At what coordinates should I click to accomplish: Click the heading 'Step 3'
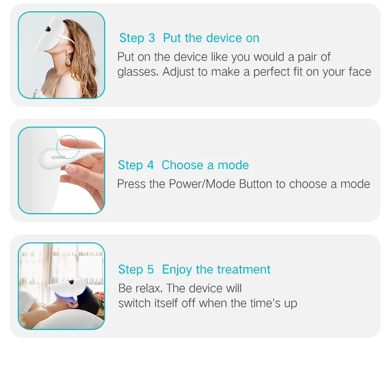137,38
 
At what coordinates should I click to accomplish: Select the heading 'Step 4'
136,165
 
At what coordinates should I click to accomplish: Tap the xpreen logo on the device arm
58,157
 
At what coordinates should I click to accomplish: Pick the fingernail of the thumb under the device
71,169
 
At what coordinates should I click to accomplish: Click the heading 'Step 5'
136,270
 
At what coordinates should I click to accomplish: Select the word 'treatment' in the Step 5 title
243,270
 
